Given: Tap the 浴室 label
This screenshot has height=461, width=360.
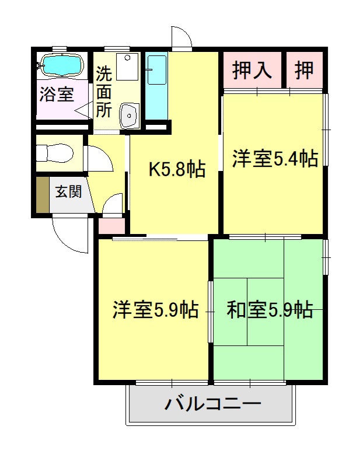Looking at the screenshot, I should (56, 94).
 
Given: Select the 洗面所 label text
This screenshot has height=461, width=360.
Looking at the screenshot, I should (103, 92).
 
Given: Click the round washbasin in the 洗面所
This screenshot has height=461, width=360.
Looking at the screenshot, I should (128, 115).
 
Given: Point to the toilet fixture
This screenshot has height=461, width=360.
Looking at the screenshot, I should (53, 154).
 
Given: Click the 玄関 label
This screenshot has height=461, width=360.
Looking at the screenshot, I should (68, 191).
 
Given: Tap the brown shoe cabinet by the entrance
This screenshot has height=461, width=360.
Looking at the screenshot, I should (42, 194).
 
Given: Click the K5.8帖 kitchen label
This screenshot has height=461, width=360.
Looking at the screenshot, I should (176, 169).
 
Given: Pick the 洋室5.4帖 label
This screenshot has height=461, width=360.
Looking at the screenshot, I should (275, 159).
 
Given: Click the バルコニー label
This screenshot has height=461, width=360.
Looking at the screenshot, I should (212, 404).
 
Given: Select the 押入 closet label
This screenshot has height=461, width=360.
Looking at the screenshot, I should (252, 70).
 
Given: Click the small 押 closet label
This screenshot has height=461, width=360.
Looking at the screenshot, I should (303, 70).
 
